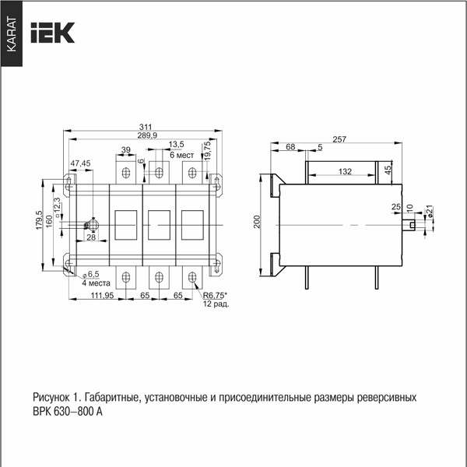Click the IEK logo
coord(53,33)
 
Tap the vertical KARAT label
coord(12,34)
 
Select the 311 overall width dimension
coord(146,127)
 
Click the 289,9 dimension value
coord(147,135)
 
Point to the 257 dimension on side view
coord(339,139)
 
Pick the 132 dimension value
coord(345,171)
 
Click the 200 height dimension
coord(257,222)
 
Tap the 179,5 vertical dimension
coord(39,219)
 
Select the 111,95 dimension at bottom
coord(102,296)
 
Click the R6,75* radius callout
coord(215,296)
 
